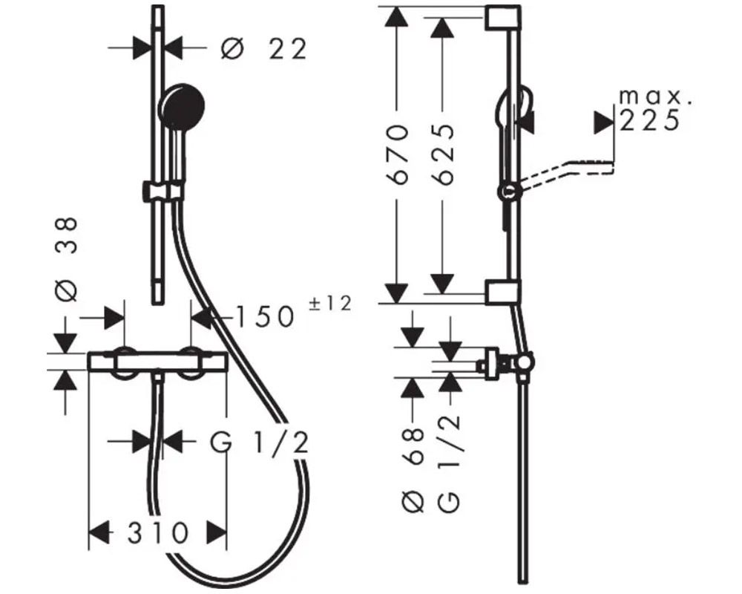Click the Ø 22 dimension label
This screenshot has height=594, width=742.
pyautogui.click(x=264, y=49)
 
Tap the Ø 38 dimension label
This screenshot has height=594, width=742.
pyautogui.click(x=66, y=259)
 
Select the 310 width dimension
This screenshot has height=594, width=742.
pyautogui.click(x=158, y=533)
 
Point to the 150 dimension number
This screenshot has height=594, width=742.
pyautogui.click(x=265, y=317)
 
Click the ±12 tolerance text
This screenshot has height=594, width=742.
pyautogui.click(x=330, y=303)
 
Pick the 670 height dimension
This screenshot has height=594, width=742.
pyautogui.click(x=396, y=154)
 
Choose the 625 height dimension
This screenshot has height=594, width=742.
pyautogui.click(x=444, y=154)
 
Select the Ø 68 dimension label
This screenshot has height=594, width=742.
pyautogui.click(x=413, y=469)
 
